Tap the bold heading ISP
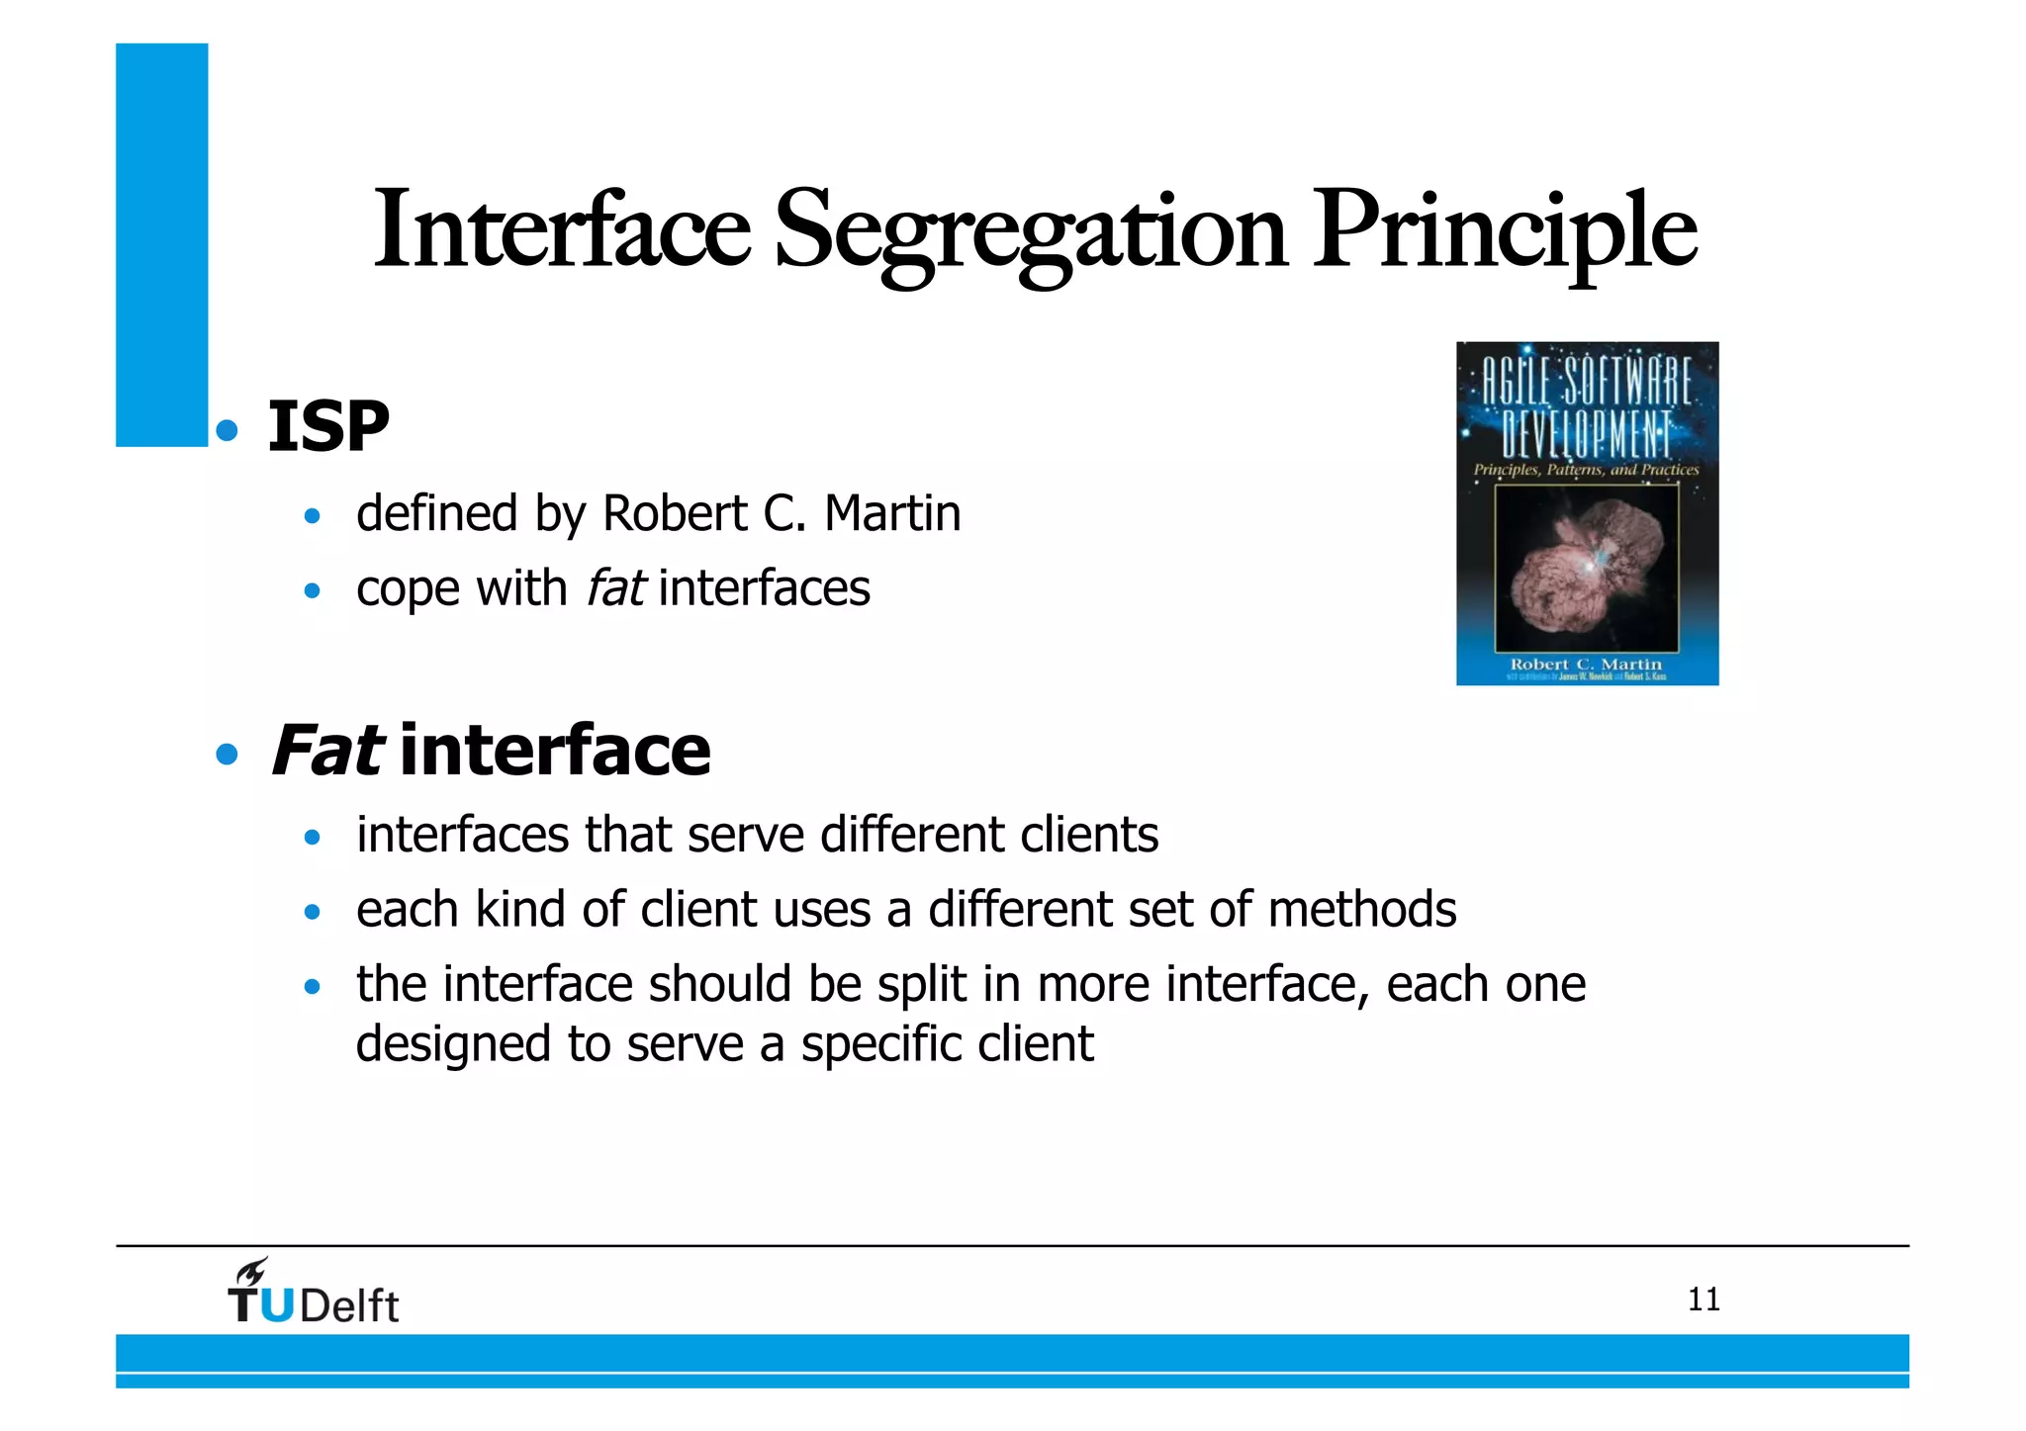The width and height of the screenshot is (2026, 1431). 328,427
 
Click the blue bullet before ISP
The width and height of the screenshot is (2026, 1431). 228,430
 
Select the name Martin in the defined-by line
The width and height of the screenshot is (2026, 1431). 892,513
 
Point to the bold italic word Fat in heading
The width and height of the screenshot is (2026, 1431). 326,751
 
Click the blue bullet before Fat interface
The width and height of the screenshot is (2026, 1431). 228,756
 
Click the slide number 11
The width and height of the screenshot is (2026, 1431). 1704,1299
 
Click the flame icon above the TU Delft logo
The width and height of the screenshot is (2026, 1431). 251,1271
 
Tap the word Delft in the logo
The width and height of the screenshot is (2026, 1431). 349,1306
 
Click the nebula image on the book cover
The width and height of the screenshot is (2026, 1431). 1586,569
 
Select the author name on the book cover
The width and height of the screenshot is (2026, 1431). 1586,664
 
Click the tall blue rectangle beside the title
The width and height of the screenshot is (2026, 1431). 161,244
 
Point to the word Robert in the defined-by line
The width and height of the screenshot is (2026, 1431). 675,513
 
